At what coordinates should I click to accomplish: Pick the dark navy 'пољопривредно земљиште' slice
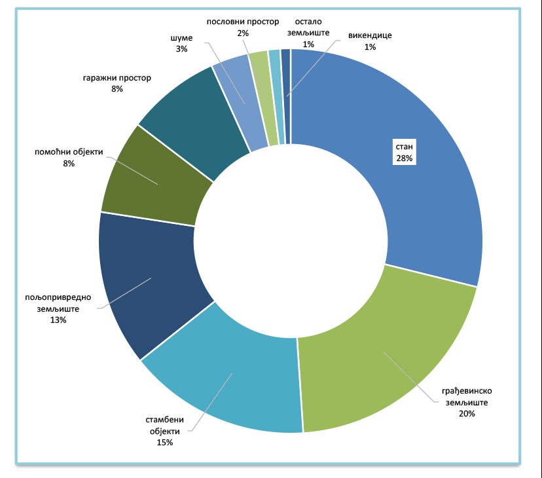pyautogui.click(x=151, y=282)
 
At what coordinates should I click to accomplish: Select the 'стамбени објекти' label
pyautogui.click(x=164, y=425)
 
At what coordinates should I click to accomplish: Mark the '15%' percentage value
pyautogui.click(x=164, y=443)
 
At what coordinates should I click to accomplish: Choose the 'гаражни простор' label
pyautogui.click(x=117, y=77)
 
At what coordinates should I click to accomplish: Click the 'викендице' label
pyautogui.click(x=370, y=35)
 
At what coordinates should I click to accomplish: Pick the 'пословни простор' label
pyautogui.click(x=242, y=22)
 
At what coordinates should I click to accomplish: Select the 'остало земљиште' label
pyautogui.click(x=308, y=27)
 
